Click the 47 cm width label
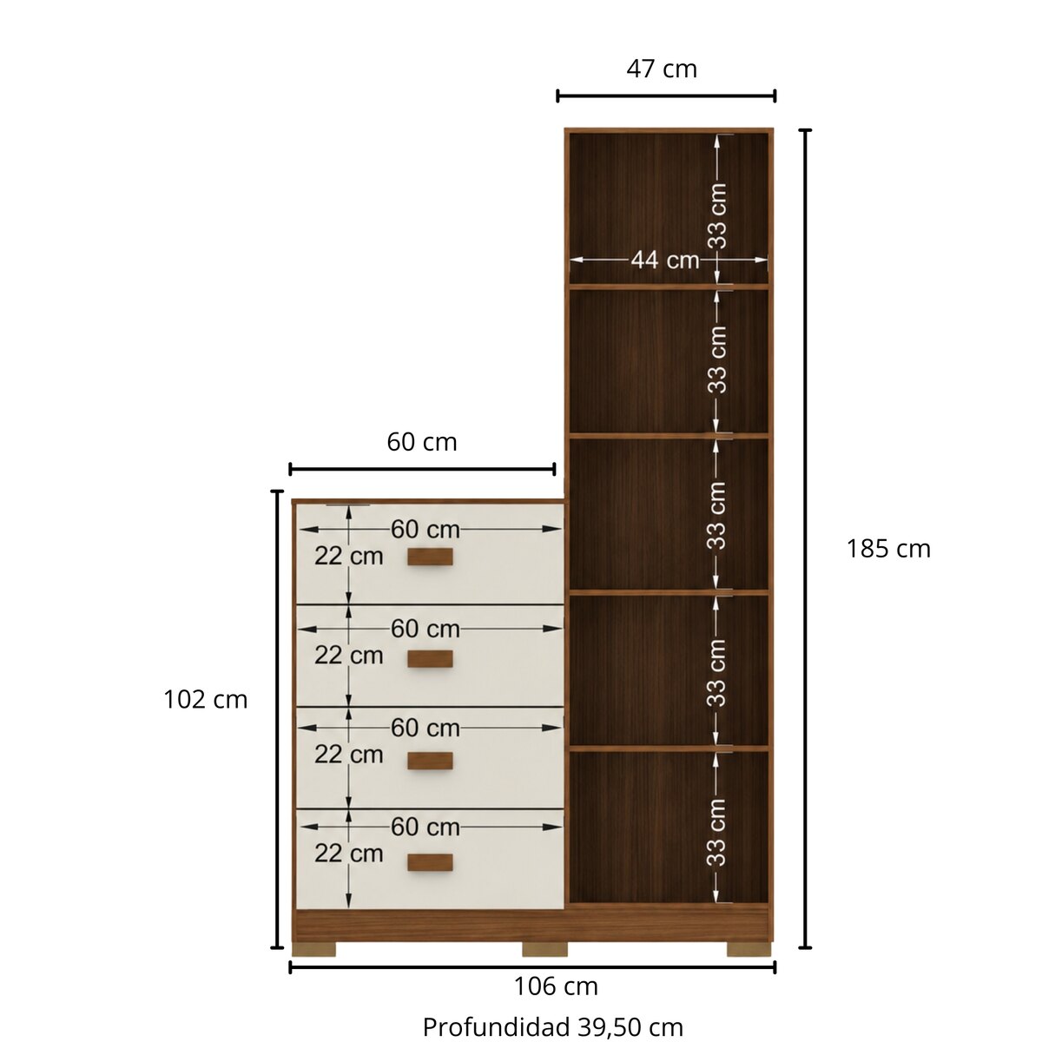point(662,69)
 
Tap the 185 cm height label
point(888,549)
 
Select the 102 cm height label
point(206,700)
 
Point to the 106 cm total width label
point(556,986)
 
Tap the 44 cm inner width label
point(665,260)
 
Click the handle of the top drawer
point(430,557)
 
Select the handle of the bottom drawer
point(430,862)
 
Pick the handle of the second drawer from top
point(430,658)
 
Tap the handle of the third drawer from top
point(430,761)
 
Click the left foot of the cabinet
point(314,949)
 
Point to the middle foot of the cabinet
point(544,949)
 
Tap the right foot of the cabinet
point(749,949)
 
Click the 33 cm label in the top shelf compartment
point(717,215)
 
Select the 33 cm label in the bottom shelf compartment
point(717,833)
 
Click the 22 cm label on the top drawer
point(349,556)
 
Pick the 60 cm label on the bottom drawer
point(425,827)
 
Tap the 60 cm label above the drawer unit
point(422,442)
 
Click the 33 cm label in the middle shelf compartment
point(717,516)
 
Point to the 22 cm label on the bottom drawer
point(349,854)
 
